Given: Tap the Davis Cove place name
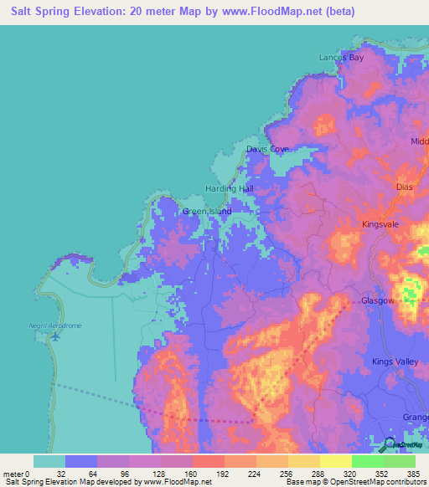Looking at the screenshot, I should (267, 149).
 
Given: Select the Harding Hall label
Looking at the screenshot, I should (229, 189).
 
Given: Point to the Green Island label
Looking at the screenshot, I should (207, 212).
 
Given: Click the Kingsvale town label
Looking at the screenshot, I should (382, 224).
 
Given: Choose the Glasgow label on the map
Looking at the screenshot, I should (377, 300).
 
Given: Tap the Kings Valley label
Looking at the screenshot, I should (393, 361).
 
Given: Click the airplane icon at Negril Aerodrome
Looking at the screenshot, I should (55, 336).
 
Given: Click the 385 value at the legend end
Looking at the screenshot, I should (413, 474).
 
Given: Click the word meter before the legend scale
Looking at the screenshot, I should (14, 474).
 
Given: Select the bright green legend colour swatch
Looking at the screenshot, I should (367, 461).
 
